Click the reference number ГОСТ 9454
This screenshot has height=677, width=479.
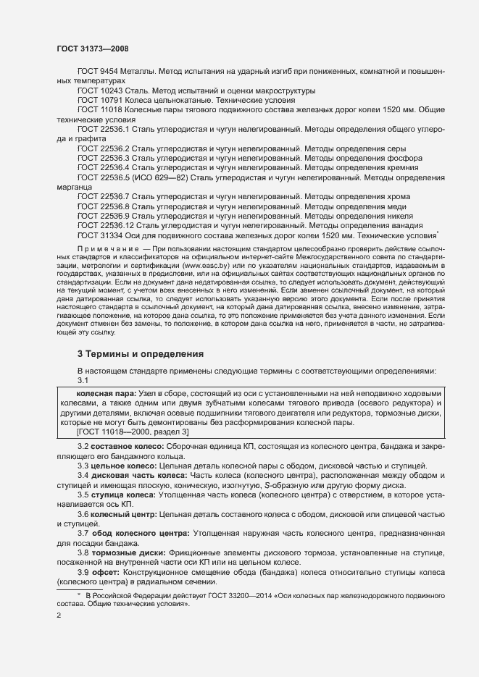(x=99, y=72)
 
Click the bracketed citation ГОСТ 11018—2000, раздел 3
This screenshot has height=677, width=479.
(x=132, y=432)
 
